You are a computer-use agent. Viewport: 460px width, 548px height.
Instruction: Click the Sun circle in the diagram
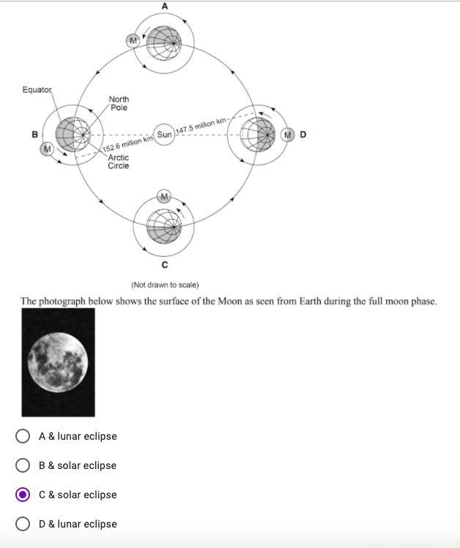165,135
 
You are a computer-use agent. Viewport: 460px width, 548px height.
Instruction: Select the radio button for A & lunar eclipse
23,436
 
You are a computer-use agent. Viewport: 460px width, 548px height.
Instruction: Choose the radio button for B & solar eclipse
23,465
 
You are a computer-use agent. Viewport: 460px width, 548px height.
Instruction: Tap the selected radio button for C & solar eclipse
23,495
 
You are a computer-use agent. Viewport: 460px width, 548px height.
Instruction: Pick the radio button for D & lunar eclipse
23,524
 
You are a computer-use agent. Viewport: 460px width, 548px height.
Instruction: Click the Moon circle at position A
133,41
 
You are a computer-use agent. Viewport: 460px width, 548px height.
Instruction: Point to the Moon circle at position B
48,149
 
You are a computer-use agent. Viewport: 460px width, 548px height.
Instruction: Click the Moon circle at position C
164,196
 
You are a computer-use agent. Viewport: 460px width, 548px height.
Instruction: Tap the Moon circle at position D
288,135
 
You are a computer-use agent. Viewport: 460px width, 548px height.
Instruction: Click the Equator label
37,90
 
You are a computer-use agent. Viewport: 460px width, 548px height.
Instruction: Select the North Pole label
119,103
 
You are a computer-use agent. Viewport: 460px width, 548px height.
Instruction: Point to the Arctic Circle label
119,161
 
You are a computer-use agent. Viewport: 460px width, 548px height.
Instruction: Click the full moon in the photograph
57,361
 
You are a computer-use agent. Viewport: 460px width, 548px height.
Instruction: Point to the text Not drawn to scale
165,285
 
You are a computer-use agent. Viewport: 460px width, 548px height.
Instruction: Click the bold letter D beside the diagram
303,135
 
